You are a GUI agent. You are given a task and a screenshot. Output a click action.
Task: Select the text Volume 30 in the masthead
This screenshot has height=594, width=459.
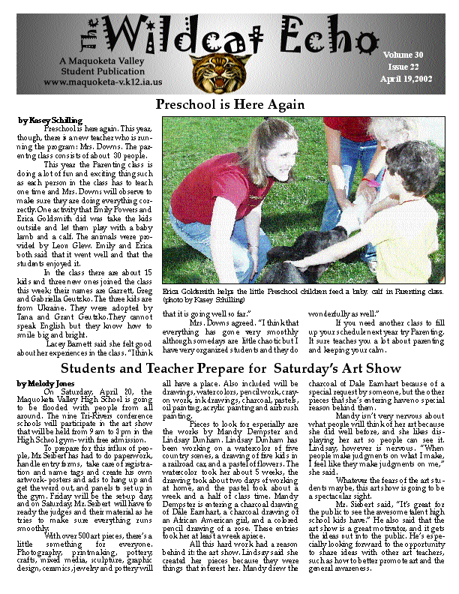coord(403,55)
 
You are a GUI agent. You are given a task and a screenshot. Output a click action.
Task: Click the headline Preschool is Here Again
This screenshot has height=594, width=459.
coord(229,104)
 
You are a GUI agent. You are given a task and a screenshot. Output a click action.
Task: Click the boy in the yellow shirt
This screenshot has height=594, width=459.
coord(409,217)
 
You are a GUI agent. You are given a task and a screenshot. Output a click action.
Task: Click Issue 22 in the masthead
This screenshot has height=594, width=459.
coord(403,67)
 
